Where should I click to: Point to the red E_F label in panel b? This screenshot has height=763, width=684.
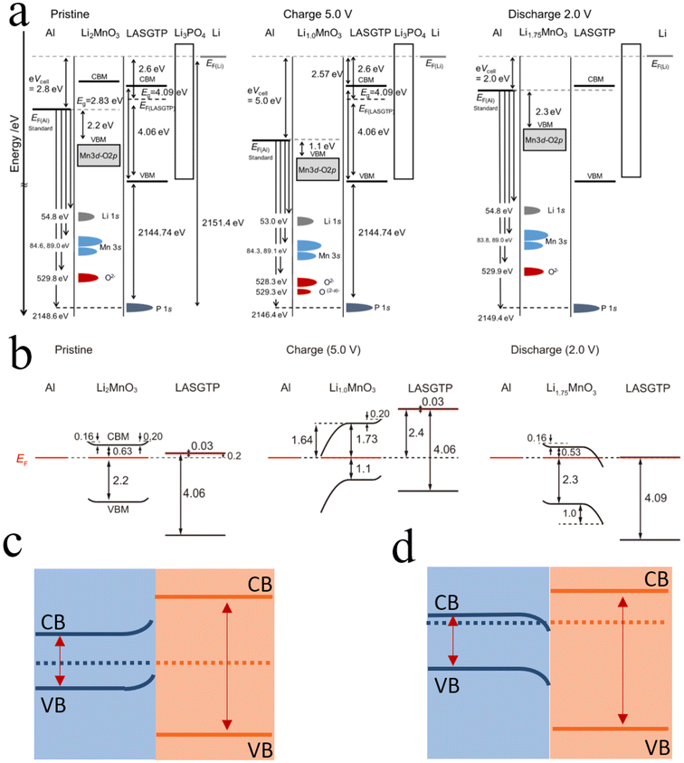[x=22, y=460]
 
